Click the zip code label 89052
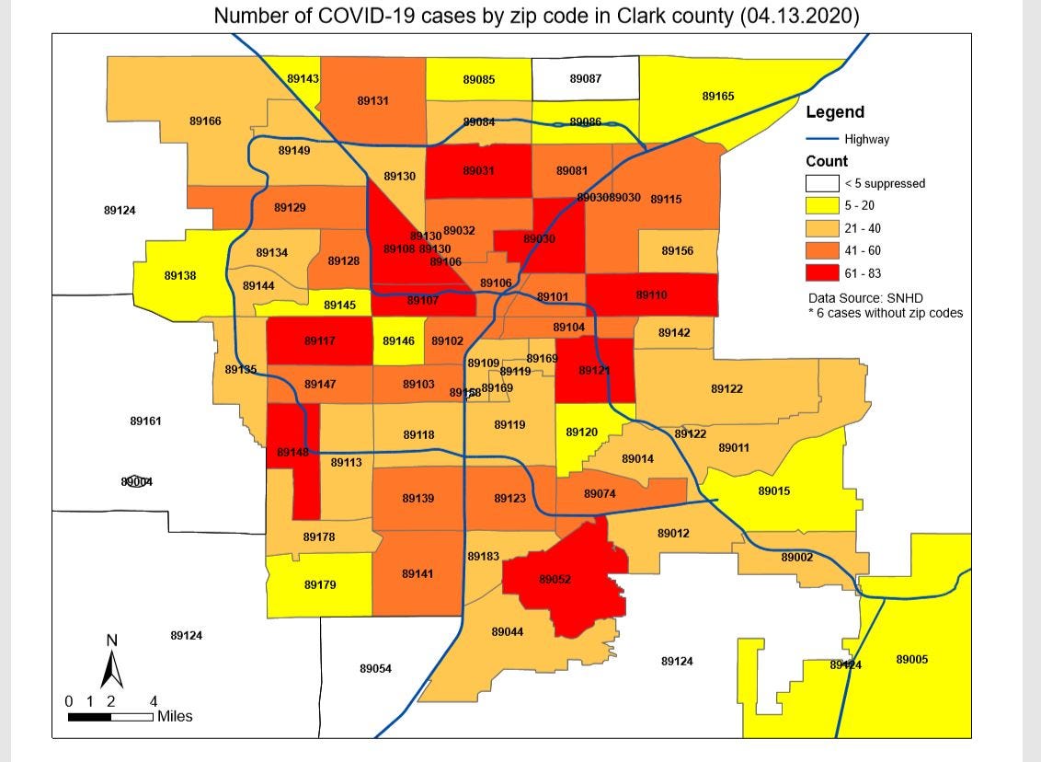pyautogui.click(x=555, y=580)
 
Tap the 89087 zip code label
pyautogui.click(x=585, y=79)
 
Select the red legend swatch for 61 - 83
pyautogui.click(x=823, y=273)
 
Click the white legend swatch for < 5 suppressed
pyautogui.click(x=823, y=183)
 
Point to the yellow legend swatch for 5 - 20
pyautogui.click(x=823, y=206)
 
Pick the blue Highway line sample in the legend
pyautogui.click(x=822, y=140)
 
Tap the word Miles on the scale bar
pyautogui.click(x=175, y=716)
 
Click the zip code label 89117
pyautogui.click(x=319, y=341)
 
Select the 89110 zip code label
pyautogui.click(x=651, y=295)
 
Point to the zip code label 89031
pyautogui.click(x=478, y=171)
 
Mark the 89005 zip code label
pyautogui.click(x=911, y=660)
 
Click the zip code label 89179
pyautogui.click(x=320, y=584)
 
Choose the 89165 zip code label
pyautogui.click(x=717, y=96)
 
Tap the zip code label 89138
pyautogui.click(x=179, y=275)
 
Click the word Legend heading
pyautogui.click(x=835, y=112)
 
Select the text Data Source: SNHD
pyautogui.click(x=864, y=298)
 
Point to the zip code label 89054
pyautogui.click(x=375, y=668)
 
